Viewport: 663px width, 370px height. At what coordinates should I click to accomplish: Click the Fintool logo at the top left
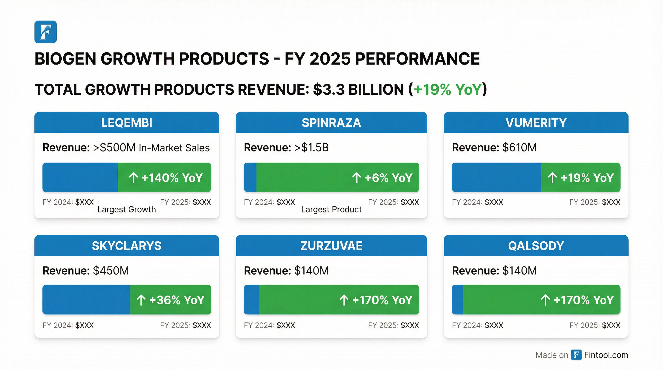(46, 32)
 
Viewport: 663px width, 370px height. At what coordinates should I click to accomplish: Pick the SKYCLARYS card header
(127, 246)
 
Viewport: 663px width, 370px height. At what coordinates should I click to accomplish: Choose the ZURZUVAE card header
(331, 246)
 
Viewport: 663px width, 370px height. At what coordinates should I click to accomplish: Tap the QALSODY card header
(536, 246)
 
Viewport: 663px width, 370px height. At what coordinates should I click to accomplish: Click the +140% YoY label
(172, 178)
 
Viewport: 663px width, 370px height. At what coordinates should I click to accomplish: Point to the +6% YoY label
(388, 178)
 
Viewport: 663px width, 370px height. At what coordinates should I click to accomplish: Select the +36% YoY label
(177, 300)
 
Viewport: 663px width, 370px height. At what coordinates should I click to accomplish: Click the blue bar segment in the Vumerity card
(496, 178)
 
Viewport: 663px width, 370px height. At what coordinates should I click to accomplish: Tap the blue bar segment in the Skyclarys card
(86, 300)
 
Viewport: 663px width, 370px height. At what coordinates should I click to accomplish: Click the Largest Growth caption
(127, 209)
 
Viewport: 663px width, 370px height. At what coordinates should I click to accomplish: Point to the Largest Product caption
(331, 209)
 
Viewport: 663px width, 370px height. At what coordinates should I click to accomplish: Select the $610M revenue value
(519, 148)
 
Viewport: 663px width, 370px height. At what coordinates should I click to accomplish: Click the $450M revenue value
(111, 271)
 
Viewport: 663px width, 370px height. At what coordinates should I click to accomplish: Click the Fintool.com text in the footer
(606, 355)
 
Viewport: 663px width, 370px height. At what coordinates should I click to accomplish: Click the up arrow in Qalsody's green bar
(545, 300)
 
